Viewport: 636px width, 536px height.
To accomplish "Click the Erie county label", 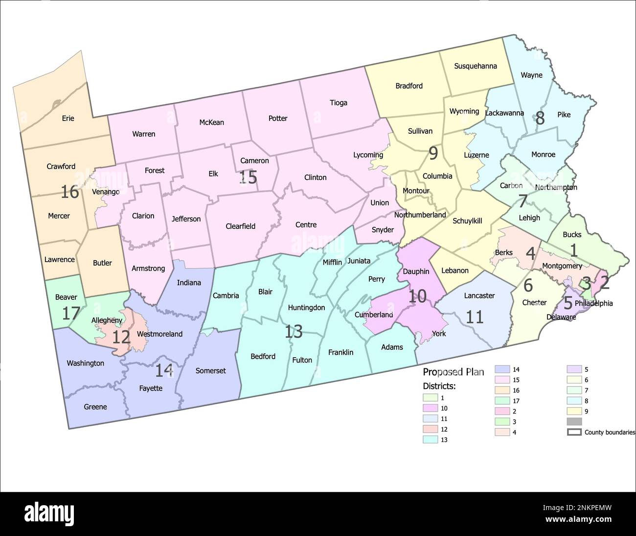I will click(68, 118).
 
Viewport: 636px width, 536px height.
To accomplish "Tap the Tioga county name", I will click(338, 102).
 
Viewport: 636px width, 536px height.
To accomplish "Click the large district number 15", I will click(248, 177).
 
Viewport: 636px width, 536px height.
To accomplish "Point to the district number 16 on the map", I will click(70, 192).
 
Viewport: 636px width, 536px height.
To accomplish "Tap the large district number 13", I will click(294, 332).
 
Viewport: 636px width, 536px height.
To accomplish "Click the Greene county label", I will click(95, 407).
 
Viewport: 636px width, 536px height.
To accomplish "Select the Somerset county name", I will click(210, 370).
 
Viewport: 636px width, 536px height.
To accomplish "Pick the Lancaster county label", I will click(479, 295).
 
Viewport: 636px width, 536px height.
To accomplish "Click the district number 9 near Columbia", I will click(433, 154).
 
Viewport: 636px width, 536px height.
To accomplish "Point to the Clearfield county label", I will click(240, 226).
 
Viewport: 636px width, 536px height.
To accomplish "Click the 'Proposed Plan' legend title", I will click(453, 372).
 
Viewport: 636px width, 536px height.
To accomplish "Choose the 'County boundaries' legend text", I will click(610, 432).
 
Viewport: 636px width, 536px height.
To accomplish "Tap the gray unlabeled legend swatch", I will click(574, 422).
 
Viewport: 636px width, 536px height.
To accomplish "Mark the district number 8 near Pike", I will click(540, 118).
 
